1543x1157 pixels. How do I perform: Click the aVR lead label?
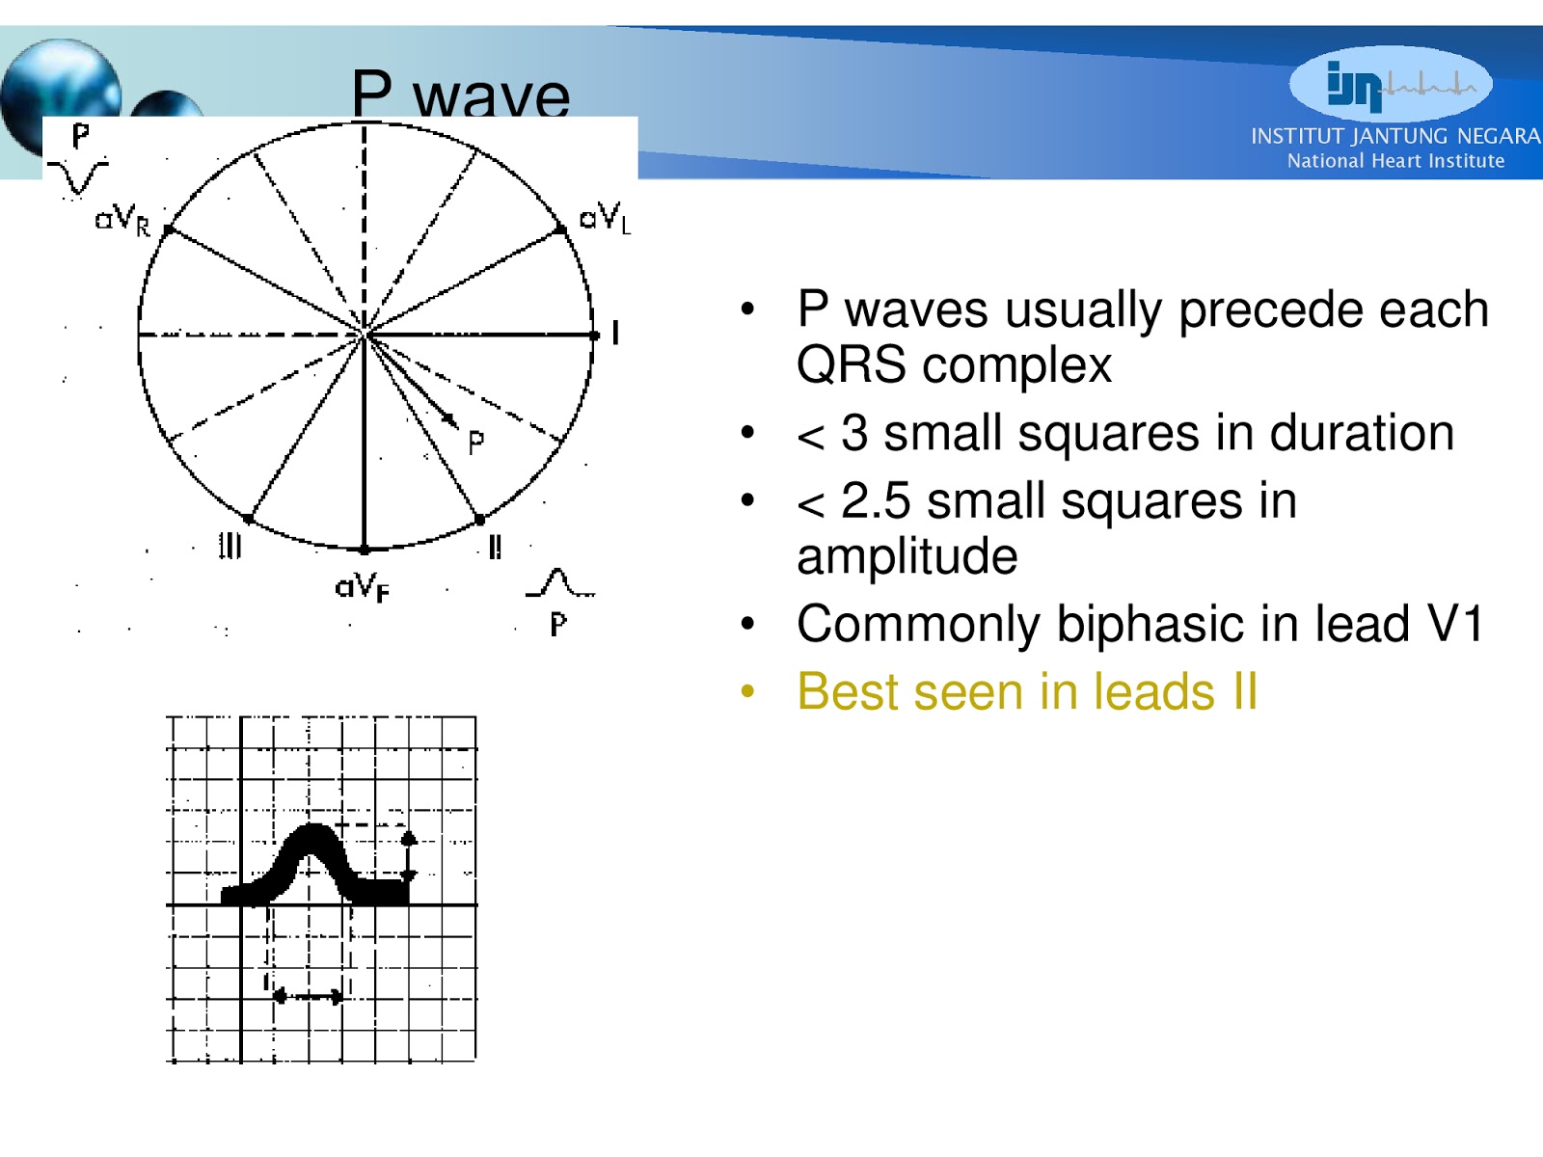122,221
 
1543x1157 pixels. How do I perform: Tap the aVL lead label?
605,218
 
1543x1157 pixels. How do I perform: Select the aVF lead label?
362,586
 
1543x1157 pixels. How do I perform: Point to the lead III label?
230,546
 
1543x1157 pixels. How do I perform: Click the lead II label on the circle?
495,547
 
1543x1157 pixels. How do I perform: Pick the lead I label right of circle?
615,334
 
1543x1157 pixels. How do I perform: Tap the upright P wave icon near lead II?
558,583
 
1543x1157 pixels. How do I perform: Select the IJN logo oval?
1390,85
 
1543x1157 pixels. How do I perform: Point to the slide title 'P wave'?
460,94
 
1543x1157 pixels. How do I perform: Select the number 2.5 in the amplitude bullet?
875,501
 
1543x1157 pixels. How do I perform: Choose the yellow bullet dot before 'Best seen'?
747,692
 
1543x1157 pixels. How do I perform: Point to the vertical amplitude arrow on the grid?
409,856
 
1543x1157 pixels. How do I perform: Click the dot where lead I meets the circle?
595,336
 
